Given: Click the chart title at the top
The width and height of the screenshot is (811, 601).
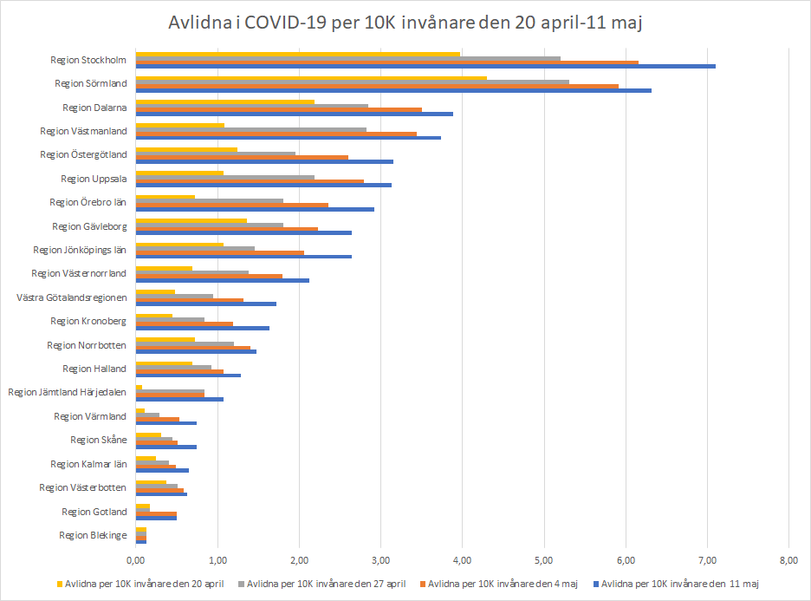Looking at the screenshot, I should (x=405, y=23).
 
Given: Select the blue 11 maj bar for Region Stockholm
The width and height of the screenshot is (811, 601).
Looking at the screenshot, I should (x=425, y=66).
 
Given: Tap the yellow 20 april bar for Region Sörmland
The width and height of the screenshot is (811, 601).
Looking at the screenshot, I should (x=311, y=78).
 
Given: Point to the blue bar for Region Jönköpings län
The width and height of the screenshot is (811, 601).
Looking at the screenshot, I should (x=243, y=256).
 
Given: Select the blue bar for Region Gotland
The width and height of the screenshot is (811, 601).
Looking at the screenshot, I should (x=156, y=517).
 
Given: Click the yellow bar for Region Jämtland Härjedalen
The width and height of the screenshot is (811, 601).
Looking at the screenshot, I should (x=139, y=387).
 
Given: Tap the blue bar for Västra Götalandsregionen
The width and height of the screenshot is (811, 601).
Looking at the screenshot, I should (x=206, y=304).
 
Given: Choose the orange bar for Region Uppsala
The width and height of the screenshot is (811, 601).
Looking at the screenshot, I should (x=250, y=181).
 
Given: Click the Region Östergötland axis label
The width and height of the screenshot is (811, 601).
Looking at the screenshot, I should (x=84, y=154).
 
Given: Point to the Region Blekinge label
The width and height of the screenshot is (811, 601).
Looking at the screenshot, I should (x=93, y=535).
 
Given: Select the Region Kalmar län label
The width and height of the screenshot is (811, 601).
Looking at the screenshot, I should (x=88, y=464).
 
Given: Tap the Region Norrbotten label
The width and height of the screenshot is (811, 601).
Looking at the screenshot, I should (x=87, y=345).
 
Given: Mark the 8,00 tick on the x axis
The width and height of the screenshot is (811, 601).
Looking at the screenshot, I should (x=788, y=559).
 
